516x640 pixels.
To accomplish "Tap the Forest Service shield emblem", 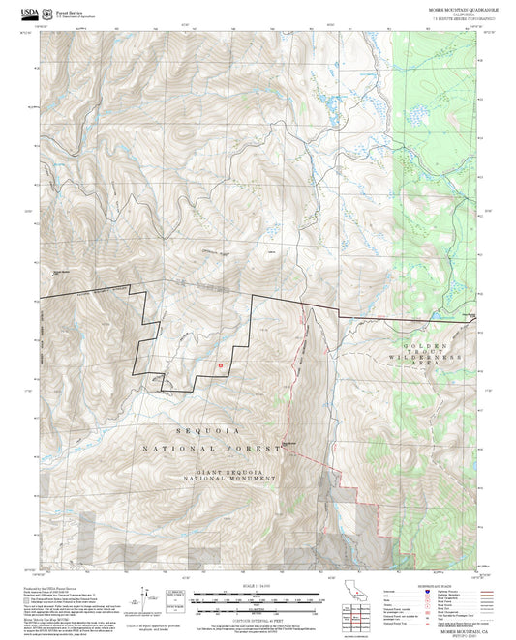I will [x=47, y=14].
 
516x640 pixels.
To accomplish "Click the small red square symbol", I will [x=221, y=364].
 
